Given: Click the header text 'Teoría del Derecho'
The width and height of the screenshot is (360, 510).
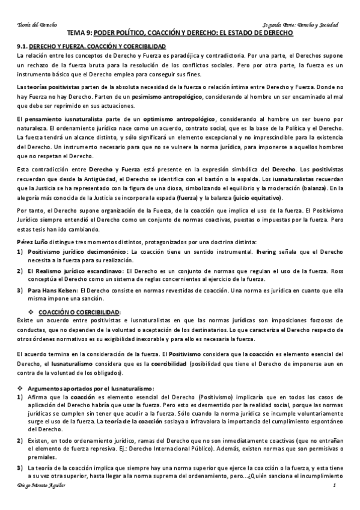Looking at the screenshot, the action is (35, 25).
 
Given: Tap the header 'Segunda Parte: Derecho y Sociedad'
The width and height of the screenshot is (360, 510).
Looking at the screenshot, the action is (301, 25).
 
